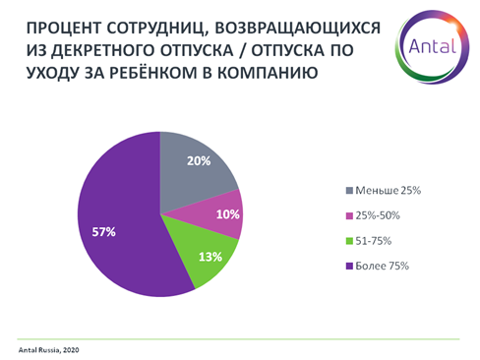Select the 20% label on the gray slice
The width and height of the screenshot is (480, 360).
198,161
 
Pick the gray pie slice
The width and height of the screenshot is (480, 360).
202,177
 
